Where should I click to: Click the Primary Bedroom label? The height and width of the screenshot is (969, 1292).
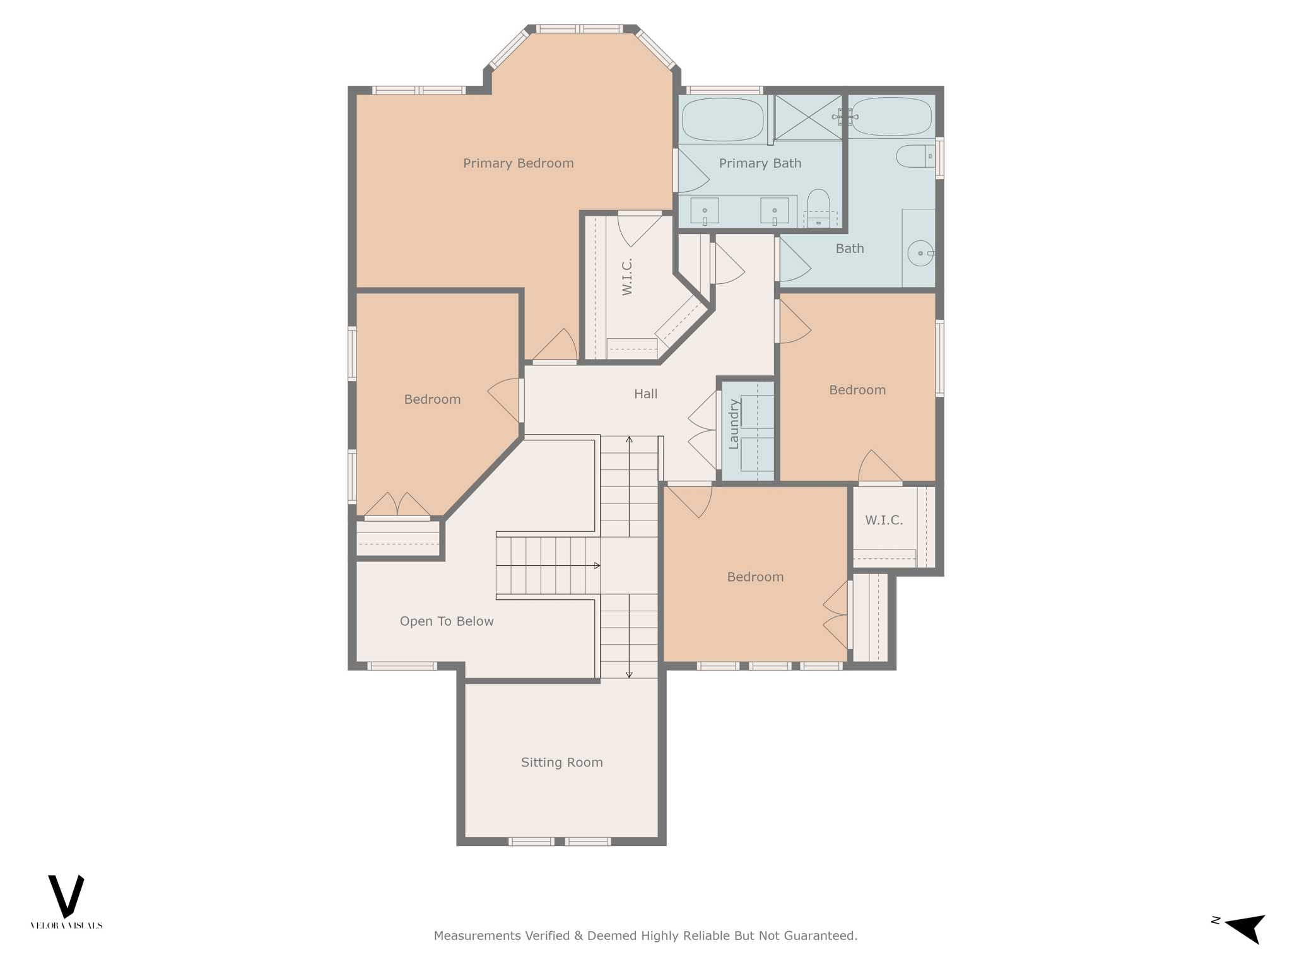pos(518,163)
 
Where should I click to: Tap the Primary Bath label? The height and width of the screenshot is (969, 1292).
pos(760,163)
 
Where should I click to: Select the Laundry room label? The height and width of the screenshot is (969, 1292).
pos(733,424)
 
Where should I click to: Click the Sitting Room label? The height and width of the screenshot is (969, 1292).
pos(561,762)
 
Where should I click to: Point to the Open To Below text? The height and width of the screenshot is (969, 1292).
pos(447,621)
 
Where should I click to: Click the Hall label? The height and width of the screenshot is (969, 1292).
pos(645,394)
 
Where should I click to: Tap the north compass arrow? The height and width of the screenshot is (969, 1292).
pos(1245,927)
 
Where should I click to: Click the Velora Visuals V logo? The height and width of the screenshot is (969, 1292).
pos(66,896)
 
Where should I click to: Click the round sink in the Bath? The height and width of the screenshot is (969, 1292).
pos(920,253)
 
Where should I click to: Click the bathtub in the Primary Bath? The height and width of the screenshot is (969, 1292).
pos(722,119)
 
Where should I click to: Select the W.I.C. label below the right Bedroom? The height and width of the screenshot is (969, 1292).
pos(883,520)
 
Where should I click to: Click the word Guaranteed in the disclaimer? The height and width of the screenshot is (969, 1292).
pos(820,936)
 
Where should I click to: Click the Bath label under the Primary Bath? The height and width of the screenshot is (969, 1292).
pos(849,249)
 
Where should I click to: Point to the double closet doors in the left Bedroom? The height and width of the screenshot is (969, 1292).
pos(397,505)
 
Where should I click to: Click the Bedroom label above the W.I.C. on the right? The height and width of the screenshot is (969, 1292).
pos(857,390)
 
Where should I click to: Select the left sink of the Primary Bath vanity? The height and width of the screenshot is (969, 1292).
pos(705,211)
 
